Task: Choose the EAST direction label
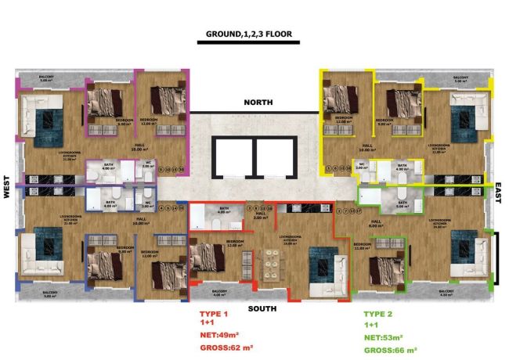[x=498, y=193]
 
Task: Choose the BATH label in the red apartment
[x=224, y=209]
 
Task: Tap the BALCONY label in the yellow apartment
[x=460, y=78]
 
